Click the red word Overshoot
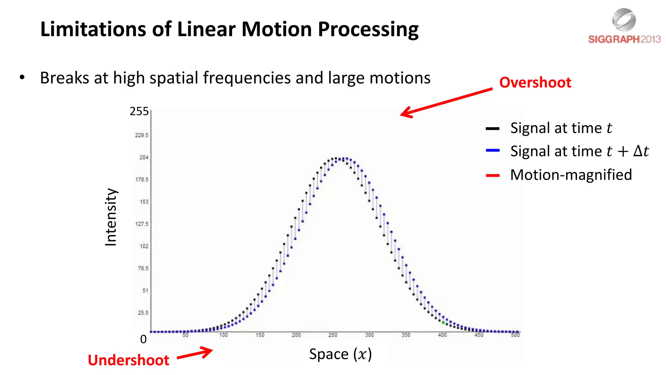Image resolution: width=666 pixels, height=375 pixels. (x=535, y=82)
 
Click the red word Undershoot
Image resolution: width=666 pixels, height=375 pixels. (x=128, y=360)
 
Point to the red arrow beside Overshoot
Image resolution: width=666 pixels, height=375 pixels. (x=446, y=102)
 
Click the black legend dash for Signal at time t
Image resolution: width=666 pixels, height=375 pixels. (x=492, y=129)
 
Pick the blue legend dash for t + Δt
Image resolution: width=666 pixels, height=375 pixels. (x=492, y=150)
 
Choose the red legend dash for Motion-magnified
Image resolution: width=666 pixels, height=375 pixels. (x=492, y=175)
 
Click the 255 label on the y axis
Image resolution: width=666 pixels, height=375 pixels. (x=139, y=111)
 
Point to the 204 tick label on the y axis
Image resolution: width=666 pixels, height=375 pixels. (x=144, y=158)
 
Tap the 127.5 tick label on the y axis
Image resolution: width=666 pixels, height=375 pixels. (x=142, y=224)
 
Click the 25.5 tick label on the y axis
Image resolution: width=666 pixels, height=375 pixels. (x=143, y=313)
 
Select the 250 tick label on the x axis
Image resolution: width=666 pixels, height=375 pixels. (x=333, y=335)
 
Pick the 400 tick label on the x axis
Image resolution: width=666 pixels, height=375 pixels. (x=442, y=335)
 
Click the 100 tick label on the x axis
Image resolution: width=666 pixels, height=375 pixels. (x=223, y=335)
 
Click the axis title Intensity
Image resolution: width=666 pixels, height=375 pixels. (x=111, y=217)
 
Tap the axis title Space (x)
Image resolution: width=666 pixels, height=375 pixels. (x=340, y=354)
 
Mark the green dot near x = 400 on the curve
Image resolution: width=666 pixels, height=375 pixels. (x=443, y=323)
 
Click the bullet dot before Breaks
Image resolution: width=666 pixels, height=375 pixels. (x=22, y=77)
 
